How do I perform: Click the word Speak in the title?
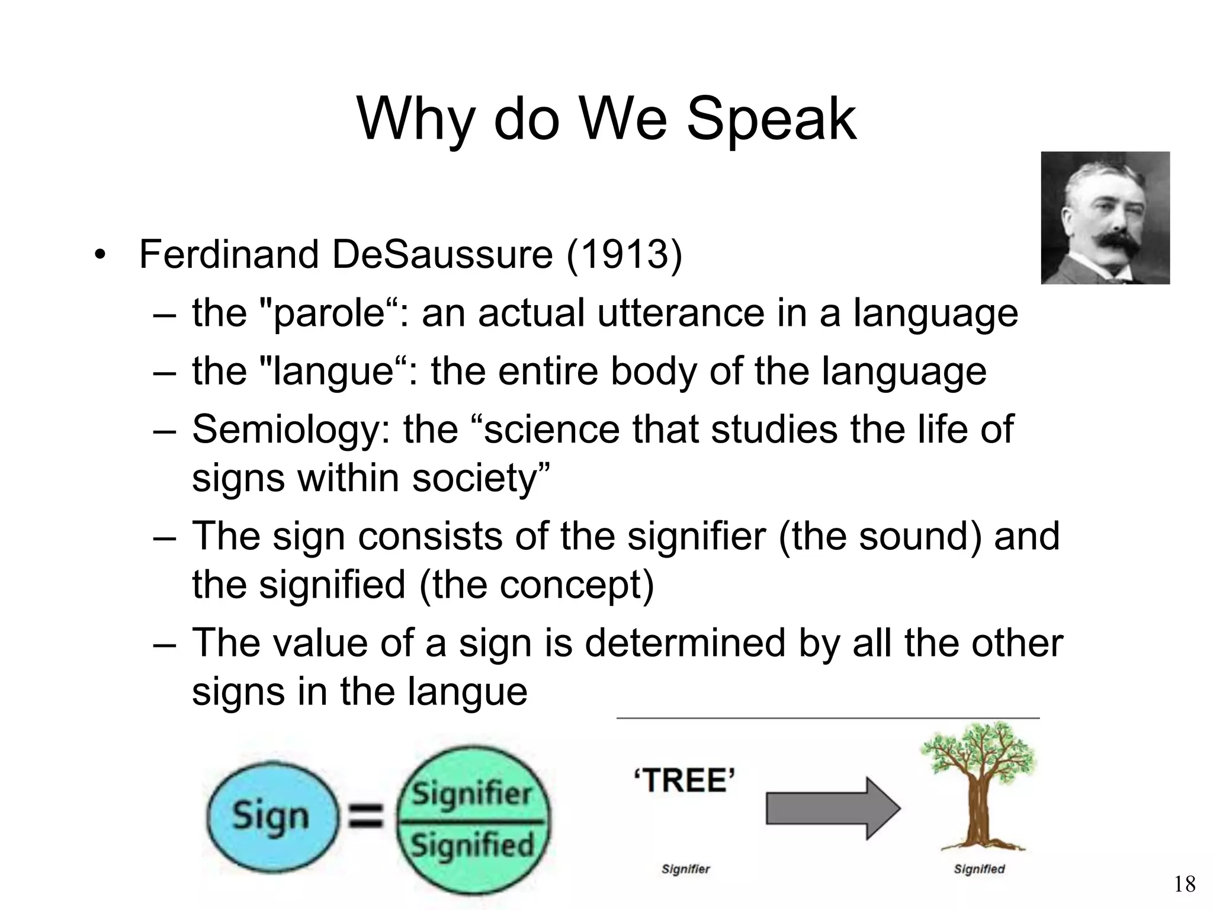click(x=771, y=120)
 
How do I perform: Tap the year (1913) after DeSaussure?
click(x=624, y=255)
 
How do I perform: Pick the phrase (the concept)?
click(x=536, y=585)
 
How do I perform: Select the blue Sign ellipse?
click(x=271, y=816)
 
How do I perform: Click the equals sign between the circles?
click(x=365, y=818)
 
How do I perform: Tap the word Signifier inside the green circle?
click(x=472, y=794)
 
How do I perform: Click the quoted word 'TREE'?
click(x=684, y=780)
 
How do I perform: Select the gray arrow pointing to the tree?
click(x=832, y=808)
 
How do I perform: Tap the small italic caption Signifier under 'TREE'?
click(x=685, y=869)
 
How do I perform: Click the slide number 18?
click(x=1185, y=885)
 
